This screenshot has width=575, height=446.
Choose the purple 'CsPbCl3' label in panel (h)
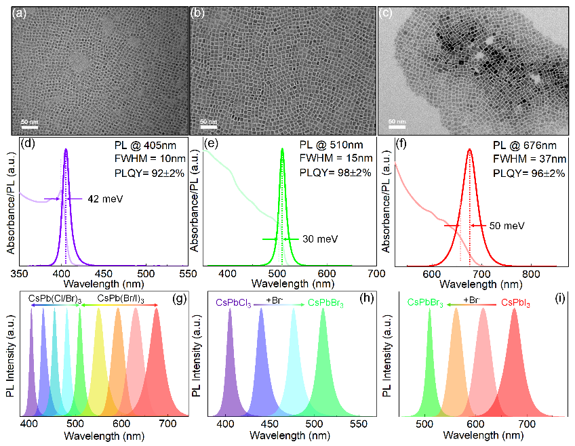click(234, 302)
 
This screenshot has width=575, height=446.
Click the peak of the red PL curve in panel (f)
click(469, 150)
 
